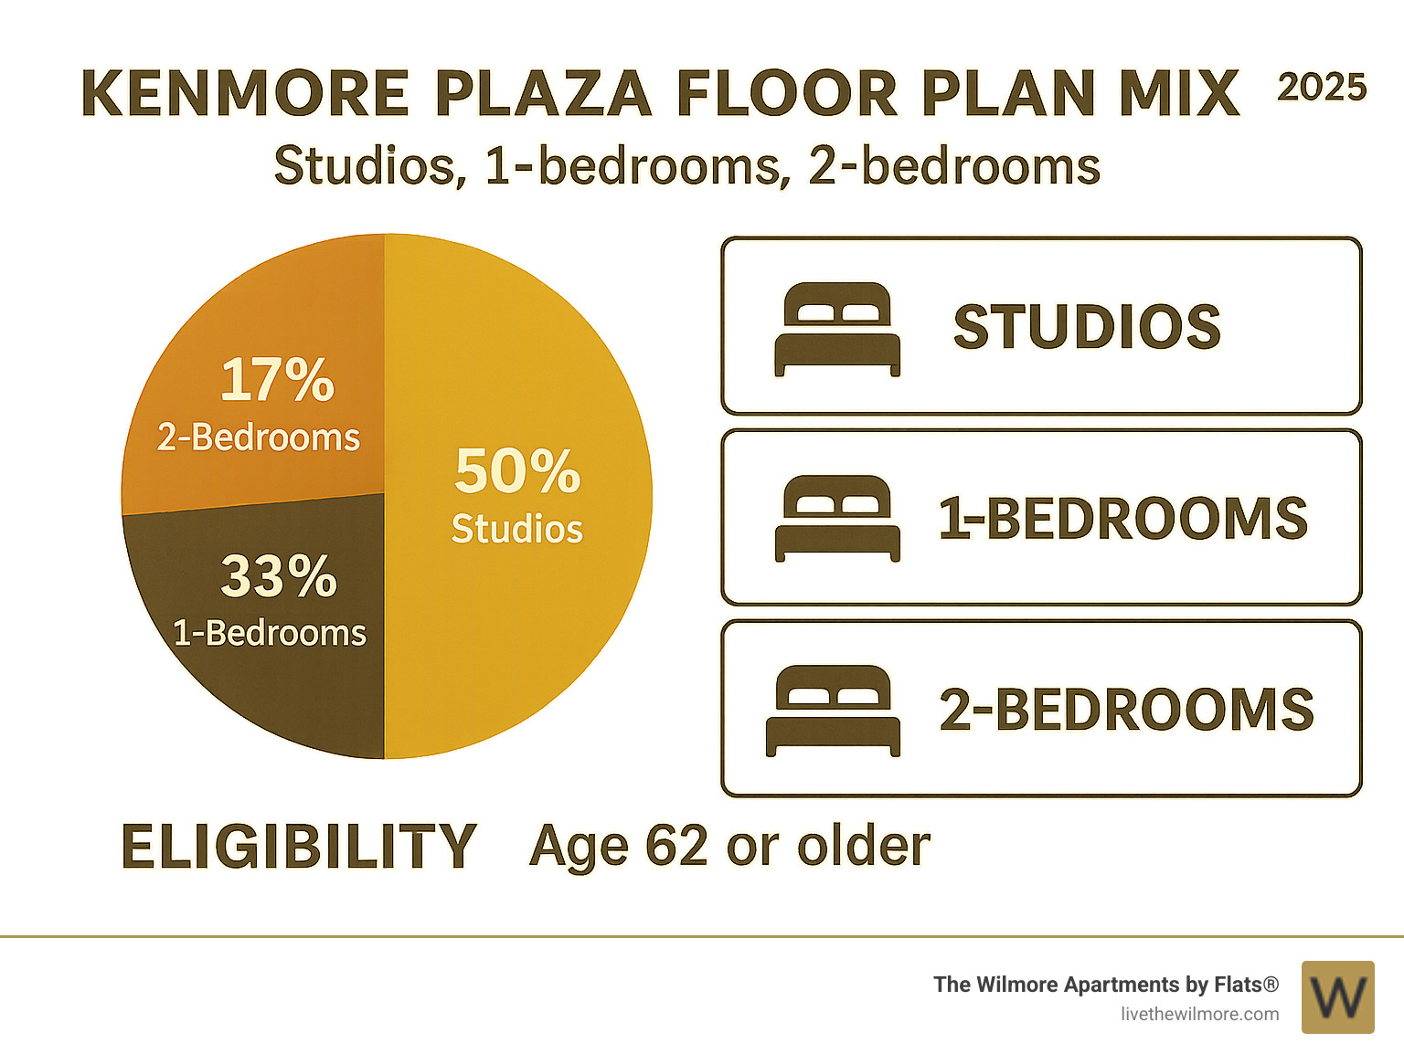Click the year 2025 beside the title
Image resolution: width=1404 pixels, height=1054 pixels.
click(x=1321, y=88)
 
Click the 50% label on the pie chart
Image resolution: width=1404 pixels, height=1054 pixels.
click(x=517, y=471)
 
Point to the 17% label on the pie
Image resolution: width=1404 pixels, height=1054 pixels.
click(x=277, y=380)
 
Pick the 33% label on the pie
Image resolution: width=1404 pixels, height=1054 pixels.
click(x=279, y=577)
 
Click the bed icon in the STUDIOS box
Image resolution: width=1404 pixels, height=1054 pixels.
click(x=837, y=329)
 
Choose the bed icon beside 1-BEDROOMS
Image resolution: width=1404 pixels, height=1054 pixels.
click(x=837, y=518)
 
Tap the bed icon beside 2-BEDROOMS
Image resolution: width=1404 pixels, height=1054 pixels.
click(x=833, y=710)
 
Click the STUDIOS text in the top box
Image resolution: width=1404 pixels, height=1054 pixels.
click(x=1087, y=327)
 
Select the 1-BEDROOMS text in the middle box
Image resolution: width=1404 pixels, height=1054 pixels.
click(x=1123, y=519)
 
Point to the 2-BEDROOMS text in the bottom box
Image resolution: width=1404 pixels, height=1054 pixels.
click(x=1126, y=710)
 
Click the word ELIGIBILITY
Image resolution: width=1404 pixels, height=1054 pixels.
click(x=298, y=846)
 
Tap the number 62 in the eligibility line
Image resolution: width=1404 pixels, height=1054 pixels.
click(x=676, y=846)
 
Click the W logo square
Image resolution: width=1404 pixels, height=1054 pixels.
click(x=1337, y=996)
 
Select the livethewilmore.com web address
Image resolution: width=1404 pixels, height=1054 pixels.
click(x=1199, y=1014)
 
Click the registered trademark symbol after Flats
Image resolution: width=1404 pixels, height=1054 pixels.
click(x=1271, y=984)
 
